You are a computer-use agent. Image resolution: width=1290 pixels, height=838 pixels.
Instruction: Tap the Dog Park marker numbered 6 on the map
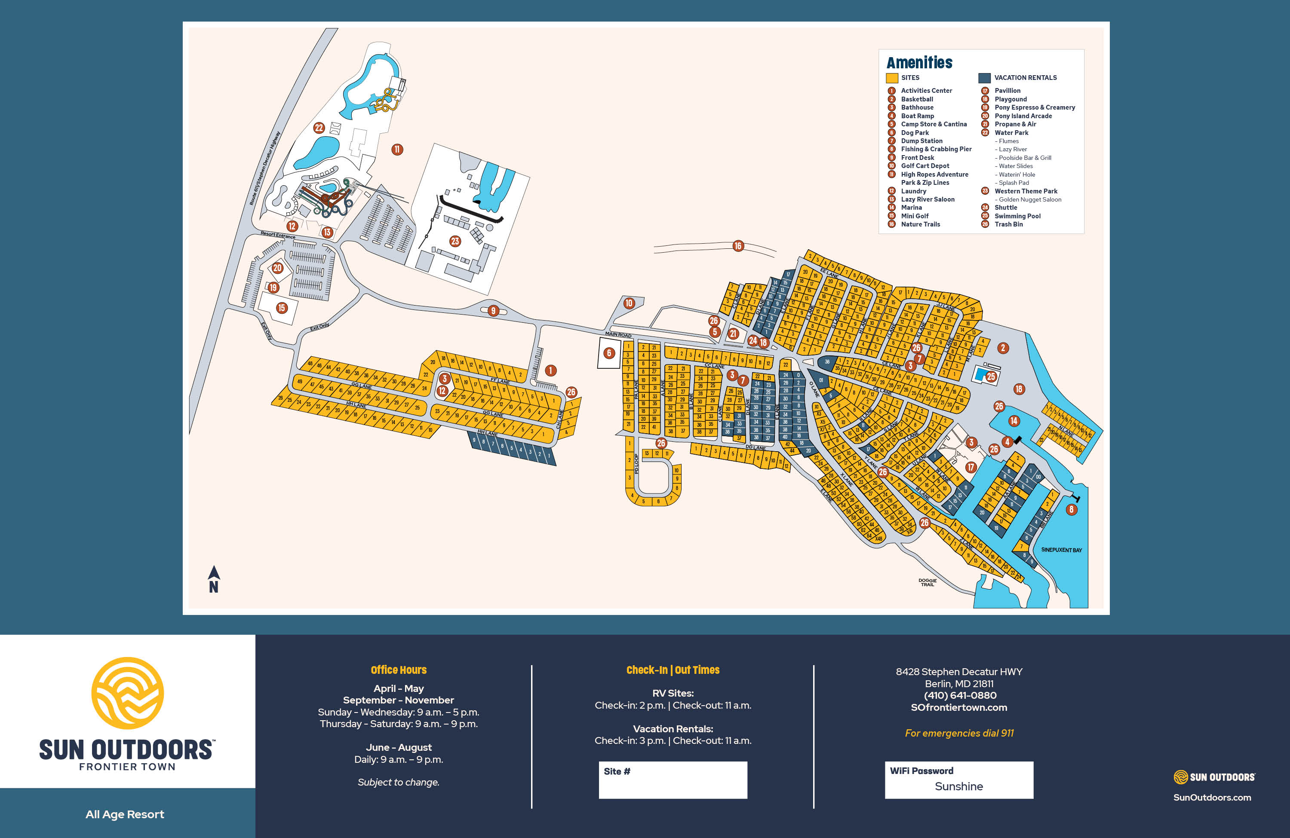pos(609,353)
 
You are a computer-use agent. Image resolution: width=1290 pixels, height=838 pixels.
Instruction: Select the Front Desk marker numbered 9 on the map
pos(493,310)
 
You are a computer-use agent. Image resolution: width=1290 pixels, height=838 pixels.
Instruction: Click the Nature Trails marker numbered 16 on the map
pos(738,246)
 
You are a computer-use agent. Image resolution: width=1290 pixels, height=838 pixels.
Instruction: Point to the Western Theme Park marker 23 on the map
pos(455,241)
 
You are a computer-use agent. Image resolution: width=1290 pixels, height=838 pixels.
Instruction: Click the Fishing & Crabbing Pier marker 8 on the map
pos(1071,509)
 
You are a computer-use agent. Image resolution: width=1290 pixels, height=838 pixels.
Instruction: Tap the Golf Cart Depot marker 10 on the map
pos(629,303)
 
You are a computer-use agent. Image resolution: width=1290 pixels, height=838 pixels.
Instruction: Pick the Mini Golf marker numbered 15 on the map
pos(281,308)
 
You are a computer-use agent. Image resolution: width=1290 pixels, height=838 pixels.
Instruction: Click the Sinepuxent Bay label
pos(1061,550)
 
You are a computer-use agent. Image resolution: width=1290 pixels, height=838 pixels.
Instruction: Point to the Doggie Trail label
pos(928,582)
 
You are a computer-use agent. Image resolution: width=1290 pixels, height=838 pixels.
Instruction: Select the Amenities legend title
pos(919,63)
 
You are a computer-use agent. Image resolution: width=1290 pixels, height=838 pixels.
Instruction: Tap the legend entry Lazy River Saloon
pos(928,199)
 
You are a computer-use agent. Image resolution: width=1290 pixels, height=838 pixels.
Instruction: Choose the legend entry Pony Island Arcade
pos(1023,116)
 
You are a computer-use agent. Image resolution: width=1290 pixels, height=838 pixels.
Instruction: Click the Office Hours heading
pos(398,670)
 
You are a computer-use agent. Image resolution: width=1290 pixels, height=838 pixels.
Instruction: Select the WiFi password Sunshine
pos(958,786)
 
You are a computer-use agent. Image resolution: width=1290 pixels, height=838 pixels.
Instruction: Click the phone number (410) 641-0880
pos(960,695)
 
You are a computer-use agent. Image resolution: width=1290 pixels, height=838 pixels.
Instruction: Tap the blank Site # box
pos(673,780)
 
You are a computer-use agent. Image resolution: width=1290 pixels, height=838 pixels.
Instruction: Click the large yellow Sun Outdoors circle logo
pos(127,693)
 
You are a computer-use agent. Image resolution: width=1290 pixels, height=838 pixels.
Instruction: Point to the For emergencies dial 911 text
pos(959,733)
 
